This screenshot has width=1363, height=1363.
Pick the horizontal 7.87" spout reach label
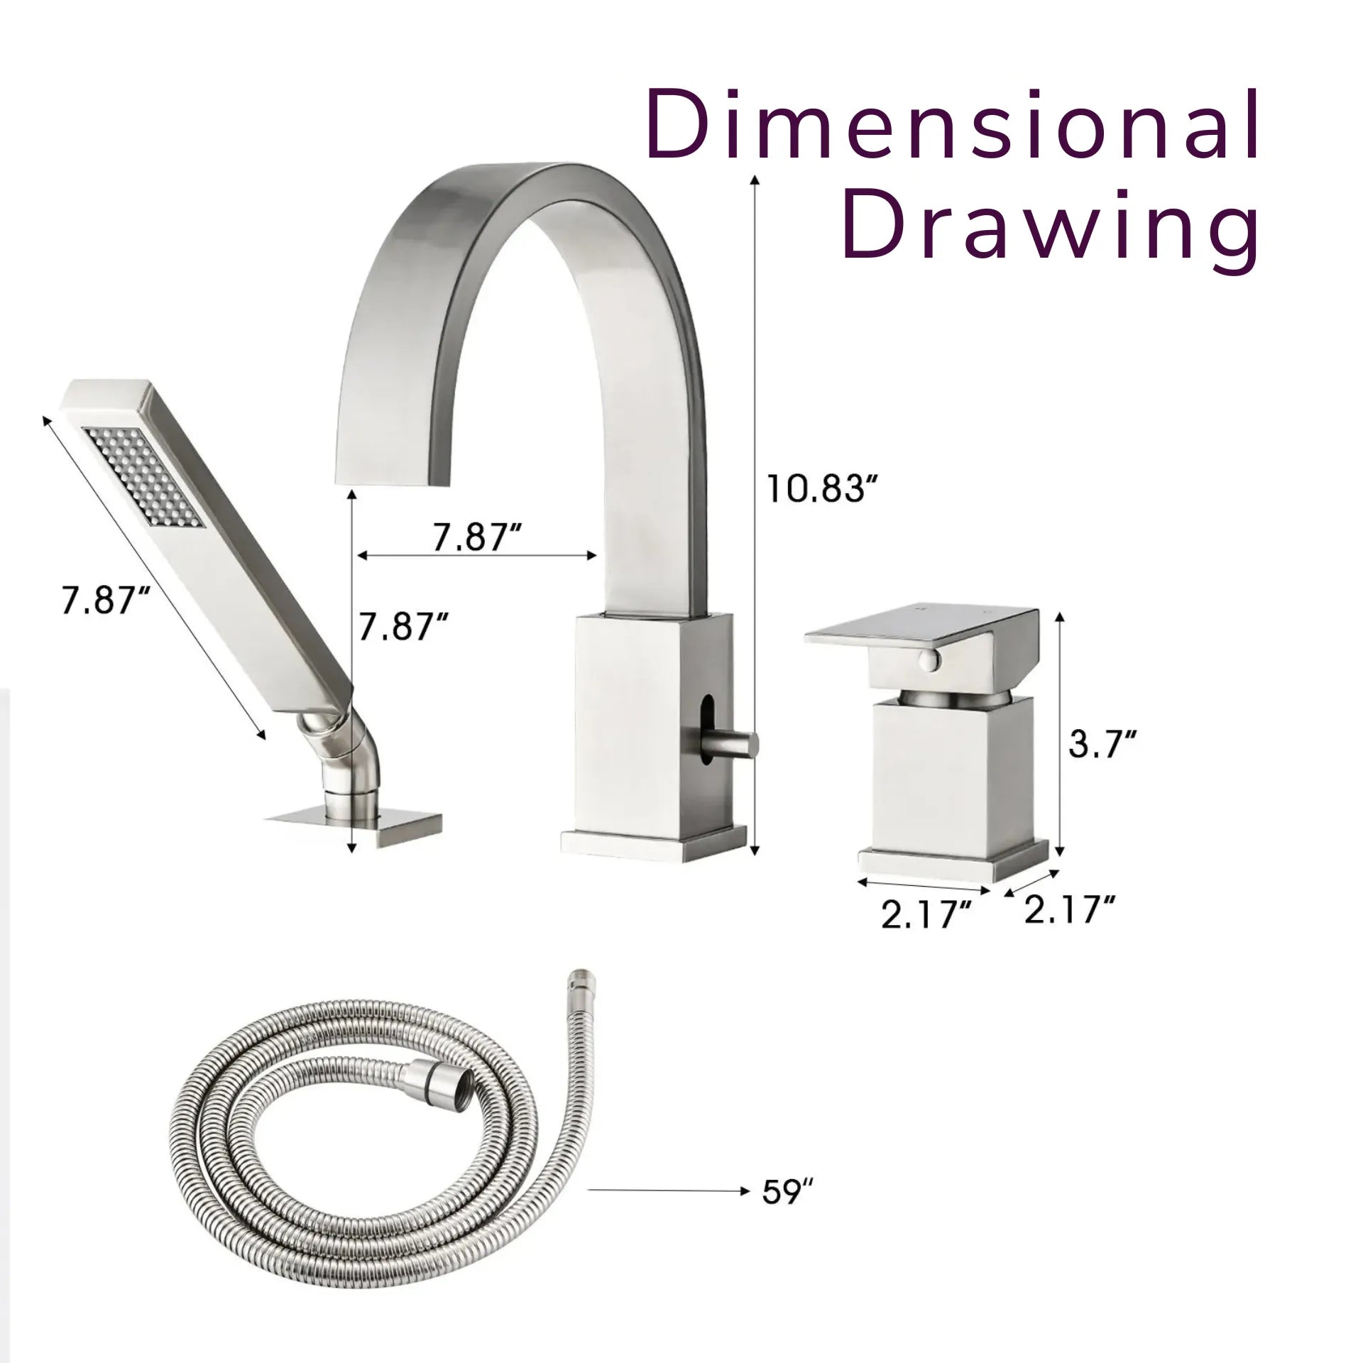478,536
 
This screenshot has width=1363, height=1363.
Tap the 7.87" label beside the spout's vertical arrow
403,625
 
